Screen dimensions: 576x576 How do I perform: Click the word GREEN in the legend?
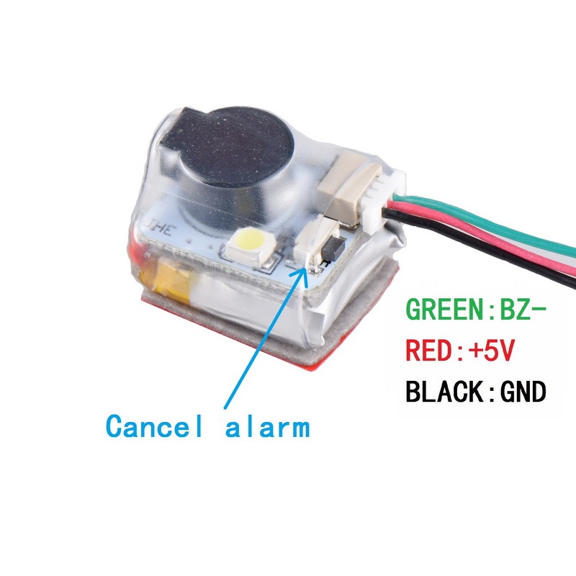pos(444,309)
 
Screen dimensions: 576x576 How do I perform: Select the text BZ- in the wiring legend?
pos(523,309)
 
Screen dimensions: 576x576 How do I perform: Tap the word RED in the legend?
pos(428,350)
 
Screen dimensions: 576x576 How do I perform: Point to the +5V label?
pos(491,350)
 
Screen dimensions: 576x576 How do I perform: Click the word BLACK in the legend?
pos(444,392)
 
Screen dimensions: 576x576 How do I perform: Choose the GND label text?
pos(523,392)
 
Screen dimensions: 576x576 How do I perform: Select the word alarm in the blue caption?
pos(267,426)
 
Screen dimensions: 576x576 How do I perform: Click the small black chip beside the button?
pos(333,246)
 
